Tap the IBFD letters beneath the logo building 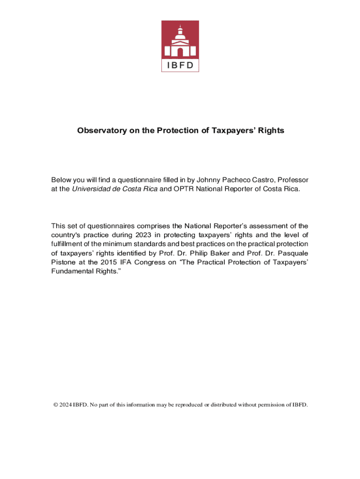pyautogui.click(x=180, y=65)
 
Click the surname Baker pyautogui.click(x=241, y=253)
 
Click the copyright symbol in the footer pyautogui.click(x=55, y=405)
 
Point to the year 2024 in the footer pyautogui.click(x=65, y=405)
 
